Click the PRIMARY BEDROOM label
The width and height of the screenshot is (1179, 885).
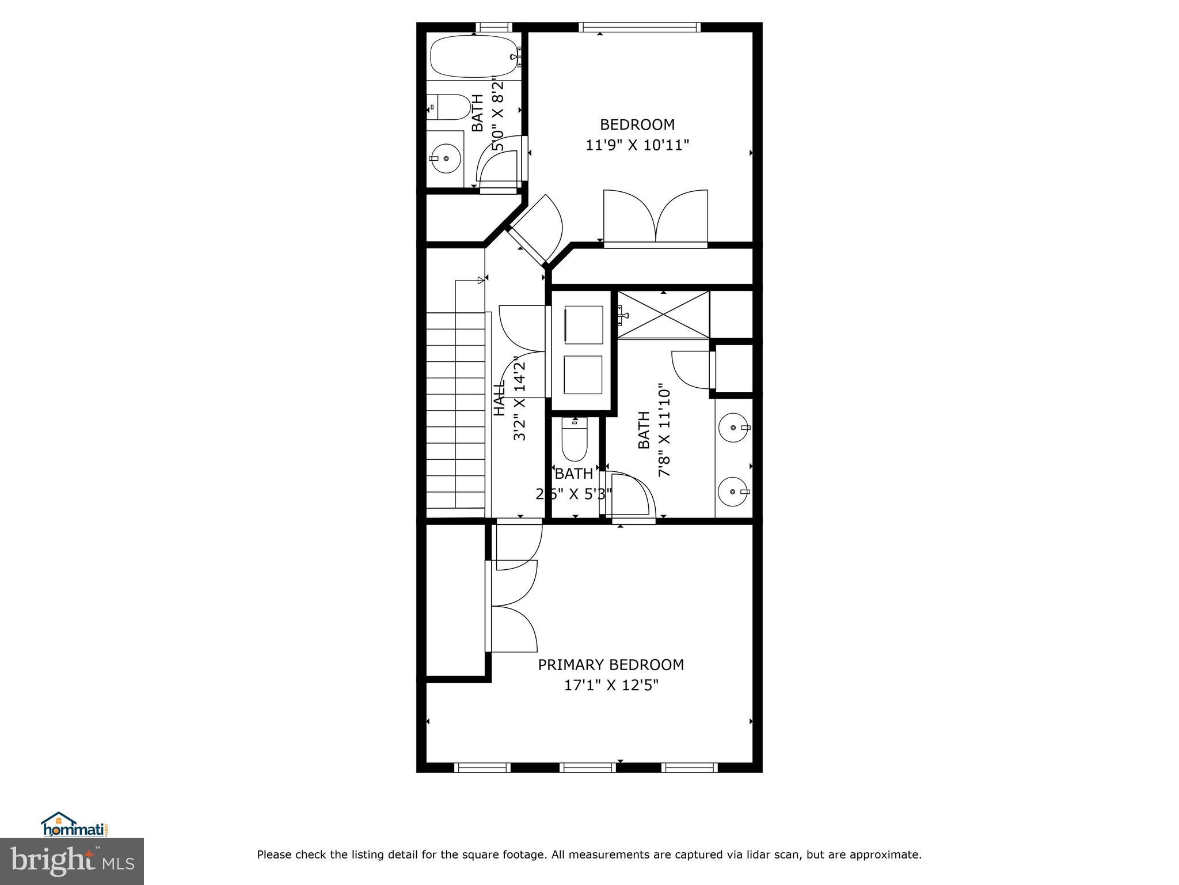click(611, 665)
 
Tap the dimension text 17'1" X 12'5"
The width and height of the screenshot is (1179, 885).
click(611, 686)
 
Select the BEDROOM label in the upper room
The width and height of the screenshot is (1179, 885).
click(637, 124)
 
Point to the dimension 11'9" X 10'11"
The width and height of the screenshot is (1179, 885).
click(637, 145)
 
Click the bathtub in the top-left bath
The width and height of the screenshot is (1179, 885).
click(473, 56)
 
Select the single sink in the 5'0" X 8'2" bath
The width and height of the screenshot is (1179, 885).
click(446, 158)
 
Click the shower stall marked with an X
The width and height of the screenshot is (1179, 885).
click(663, 315)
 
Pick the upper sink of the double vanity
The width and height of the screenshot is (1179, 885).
click(734, 428)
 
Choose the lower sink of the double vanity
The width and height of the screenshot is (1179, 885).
click(734, 491)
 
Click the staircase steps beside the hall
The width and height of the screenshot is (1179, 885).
click(455, 410)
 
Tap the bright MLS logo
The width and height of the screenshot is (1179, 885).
click(72, 861)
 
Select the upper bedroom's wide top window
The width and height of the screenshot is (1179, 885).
click(640, 27)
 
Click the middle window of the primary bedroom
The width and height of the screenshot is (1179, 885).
click(588, 767)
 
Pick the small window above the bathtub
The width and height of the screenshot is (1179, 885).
click(494, 27)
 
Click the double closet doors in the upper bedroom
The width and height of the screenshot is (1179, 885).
click(656, 218)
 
